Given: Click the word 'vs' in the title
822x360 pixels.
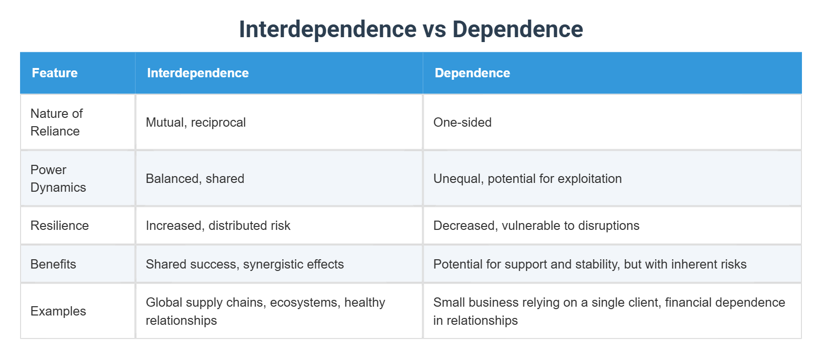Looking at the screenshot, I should coord(434,29).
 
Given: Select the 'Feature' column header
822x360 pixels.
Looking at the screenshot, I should coord(55,73).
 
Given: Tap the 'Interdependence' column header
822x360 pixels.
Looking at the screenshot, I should coord(198,73).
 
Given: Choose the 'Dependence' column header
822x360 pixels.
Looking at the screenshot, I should coord(472,73).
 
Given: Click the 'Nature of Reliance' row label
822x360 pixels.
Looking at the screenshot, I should coord(56,122).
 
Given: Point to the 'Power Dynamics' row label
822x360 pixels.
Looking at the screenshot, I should coord(58,179).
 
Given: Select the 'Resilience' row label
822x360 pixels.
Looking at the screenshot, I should coord(60,225).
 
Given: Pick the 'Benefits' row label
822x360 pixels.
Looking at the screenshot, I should coord(53,264).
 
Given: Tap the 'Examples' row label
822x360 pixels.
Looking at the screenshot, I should coord(58,311).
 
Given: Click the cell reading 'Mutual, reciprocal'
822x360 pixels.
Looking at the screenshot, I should coord(196,122).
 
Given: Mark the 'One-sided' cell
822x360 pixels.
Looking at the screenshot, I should coord(462,122).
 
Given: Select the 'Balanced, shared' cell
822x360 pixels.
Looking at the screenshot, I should coord(195,179).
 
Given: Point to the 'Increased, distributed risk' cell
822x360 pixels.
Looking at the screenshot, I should coord(218,225).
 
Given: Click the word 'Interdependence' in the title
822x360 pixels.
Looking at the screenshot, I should coord(327,29).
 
